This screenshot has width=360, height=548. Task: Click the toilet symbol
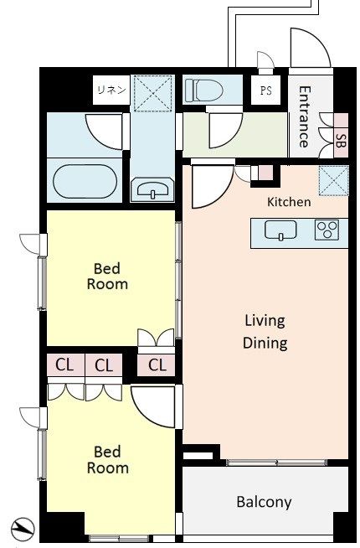tap(204, 90)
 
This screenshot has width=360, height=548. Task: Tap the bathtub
tap(85, 181)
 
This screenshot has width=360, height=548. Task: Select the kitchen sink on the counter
tap(280, 230)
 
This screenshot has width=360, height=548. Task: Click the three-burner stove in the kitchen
tap(327, 230)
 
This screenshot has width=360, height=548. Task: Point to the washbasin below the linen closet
tap(153, 189)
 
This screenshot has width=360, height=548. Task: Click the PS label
tap(266, 90)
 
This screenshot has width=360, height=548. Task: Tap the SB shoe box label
tap(341, 139)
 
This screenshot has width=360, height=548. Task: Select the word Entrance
tap(305, 116)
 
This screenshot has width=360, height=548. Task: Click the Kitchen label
tap(289, 202)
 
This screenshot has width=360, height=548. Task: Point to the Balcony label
tap(264, 502)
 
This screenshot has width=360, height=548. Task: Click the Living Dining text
tap(265, 331)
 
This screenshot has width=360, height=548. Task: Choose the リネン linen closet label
tap(111, 90)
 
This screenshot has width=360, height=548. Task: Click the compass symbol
tap(23, 530)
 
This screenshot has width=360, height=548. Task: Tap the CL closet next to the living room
tap(156, 365)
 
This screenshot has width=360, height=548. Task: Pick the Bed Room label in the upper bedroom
tap(107, 277)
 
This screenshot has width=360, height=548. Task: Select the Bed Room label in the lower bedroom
tap(107, 459)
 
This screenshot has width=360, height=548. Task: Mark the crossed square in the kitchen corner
tap(333, 180)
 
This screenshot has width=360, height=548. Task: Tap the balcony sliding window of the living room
tap(276, 463)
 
